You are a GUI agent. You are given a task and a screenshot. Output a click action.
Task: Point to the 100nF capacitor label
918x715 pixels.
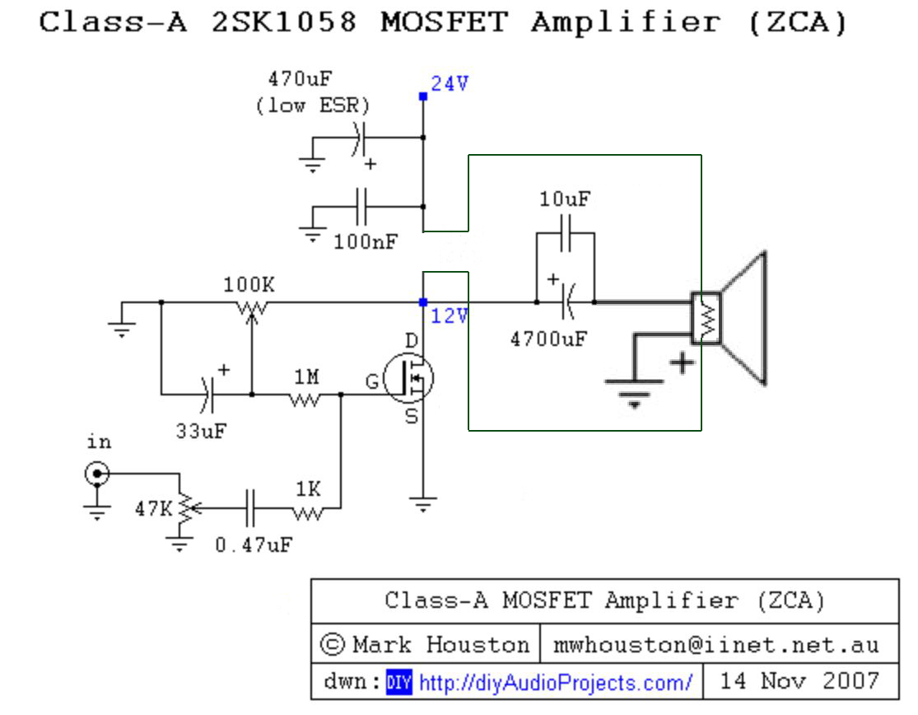click(366, 242)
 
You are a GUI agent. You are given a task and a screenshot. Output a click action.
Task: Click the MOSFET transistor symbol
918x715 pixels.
click(409, 379)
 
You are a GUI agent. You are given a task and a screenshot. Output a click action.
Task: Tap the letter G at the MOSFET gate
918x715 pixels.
click(374, 381)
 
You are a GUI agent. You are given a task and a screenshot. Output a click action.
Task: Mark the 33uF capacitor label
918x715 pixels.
click(200, 430)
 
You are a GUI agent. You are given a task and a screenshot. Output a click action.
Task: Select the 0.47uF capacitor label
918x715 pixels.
click(253, 544)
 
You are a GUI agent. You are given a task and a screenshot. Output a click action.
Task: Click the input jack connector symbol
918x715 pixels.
click(97, 474)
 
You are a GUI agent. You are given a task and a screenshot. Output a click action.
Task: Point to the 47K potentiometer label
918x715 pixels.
click(152, 509)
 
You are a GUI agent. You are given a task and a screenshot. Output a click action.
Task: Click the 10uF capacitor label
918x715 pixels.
click(565, 199)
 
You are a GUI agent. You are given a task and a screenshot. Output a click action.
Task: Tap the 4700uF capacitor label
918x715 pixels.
click(548, 339)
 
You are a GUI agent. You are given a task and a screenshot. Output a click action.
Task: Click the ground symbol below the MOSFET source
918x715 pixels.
click(422, 504)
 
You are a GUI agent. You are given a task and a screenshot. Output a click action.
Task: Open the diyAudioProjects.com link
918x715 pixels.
click(556, 682)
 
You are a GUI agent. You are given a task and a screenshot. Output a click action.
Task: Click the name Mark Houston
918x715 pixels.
click(440, 644)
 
